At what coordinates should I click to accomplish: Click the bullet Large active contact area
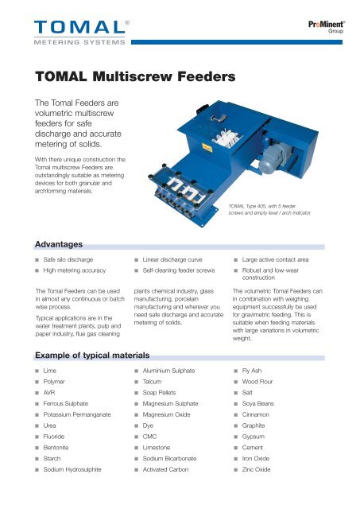coord(279,261)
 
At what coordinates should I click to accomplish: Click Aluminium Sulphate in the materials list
coord(172,371)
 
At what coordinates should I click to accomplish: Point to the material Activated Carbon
coord(169,492)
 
